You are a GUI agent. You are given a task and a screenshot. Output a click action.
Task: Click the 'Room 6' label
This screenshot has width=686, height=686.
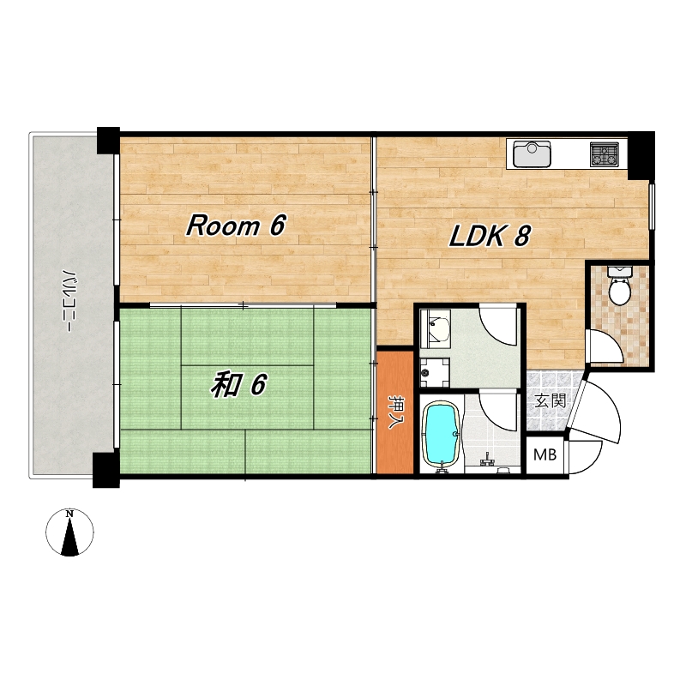pyautogui.click(x=237, y=226)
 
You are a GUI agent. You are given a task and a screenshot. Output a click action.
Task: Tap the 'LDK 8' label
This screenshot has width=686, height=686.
pyautogui.click(x=490, y=236)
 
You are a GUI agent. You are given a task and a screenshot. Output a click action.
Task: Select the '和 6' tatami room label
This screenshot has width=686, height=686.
pyautogui.click(x=239, y=384)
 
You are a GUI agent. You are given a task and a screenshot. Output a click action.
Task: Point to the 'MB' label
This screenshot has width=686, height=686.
pyautogui.click(x=545, y=455)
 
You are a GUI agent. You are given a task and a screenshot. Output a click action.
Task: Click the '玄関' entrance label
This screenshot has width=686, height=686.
pyautogui.click(x=551, y=400)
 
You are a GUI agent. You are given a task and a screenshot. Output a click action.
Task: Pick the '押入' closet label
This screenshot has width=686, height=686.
pyautogui.click(x=396, y=412)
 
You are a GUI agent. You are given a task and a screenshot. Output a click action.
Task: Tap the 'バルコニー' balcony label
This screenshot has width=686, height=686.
pyautogui.click(x=69, y=301)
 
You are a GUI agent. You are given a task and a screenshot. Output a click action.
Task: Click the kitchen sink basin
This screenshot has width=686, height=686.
pyautogui.click(x=532, y=154)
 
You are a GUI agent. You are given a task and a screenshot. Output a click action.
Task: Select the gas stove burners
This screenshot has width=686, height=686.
pyautogui.click(x=605, y=154)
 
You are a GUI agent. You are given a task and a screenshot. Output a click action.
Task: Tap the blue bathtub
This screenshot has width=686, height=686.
pyautogui.click(x=442, y=436)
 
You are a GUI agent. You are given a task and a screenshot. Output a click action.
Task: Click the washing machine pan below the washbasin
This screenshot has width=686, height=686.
pyautogui.click(x=435, y=373)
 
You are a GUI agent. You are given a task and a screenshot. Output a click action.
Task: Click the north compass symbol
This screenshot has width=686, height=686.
pyautogui.click(x=69, y=533)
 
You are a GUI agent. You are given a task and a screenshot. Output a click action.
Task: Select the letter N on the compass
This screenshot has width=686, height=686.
pyautogui.click(x=69, y=514)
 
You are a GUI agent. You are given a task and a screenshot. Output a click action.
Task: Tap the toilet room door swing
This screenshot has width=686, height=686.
pyautogui.click(x=604, y=346)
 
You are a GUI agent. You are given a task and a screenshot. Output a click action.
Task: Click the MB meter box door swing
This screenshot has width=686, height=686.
pyautogui.click(x=585, y=457)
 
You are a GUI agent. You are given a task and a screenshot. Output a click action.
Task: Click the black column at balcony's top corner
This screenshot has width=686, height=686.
pyautogui.click(x=108, y=140)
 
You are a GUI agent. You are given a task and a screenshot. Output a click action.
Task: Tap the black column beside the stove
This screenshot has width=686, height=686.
pyautogui.click(x=641, y=156)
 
